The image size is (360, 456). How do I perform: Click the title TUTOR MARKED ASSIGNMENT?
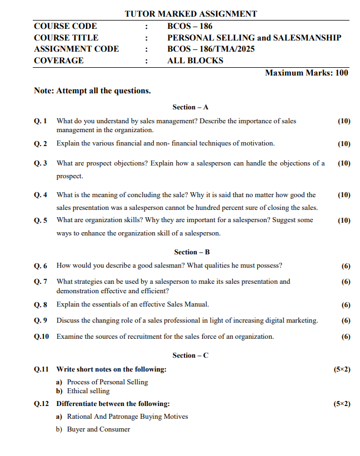click(191, 14)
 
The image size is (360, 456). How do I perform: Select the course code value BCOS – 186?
click(189, 26)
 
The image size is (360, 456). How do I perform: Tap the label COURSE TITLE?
click(66, 38)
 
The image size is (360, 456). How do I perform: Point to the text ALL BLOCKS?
click(195, 61)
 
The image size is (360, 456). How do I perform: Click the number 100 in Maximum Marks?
click(342, 73)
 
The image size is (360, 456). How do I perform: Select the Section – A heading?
click(190, 107)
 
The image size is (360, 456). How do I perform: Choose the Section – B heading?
click(191, 252)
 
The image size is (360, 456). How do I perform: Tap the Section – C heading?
click(191, 355)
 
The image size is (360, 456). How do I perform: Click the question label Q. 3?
click(41, 163)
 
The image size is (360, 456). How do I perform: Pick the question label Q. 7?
click(41, 282)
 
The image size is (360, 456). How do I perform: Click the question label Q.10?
click(42, 337)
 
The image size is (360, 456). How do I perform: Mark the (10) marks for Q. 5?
click(344, 221)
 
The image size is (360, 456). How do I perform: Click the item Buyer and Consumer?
click(98, 429)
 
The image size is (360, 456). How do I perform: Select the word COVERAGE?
click(59, 61)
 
